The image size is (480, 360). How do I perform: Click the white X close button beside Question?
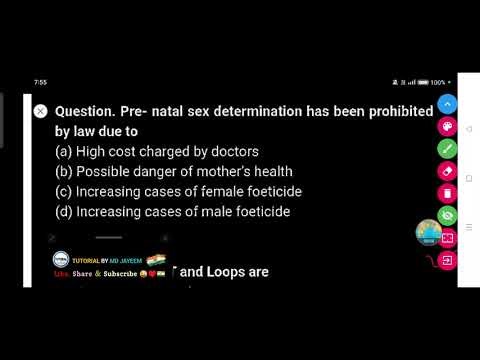(x=40, y=112)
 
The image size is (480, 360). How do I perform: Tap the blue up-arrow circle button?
(x=447, y=104)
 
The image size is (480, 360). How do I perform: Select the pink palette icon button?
(x=447, y=127)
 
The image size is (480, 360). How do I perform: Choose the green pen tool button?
(x=447, y=149)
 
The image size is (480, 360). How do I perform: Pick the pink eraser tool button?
(x=447, y=171)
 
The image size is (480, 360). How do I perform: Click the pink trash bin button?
(x=447, y=193)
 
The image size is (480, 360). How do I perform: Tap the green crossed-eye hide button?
(x=447, y=215)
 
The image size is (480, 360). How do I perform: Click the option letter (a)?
(x=63, y=152)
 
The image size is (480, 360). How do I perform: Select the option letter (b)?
(x=63, y=172)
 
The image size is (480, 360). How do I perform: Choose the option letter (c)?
(x=63, y=192)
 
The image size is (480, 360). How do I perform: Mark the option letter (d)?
(x=63, y=212)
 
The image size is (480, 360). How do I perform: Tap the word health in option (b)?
(x=271, y=172)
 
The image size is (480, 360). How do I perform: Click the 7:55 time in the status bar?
(x=40, y=82)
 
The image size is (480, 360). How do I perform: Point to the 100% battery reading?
(x=437, y=82)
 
